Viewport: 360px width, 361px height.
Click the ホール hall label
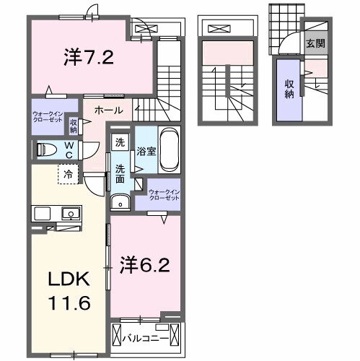107,110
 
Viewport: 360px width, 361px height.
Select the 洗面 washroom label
120,174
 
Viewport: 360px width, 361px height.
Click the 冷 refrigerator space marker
67,174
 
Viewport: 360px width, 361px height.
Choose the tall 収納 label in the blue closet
289,89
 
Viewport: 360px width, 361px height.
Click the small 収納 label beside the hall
74,126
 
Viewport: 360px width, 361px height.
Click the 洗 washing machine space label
120,142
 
